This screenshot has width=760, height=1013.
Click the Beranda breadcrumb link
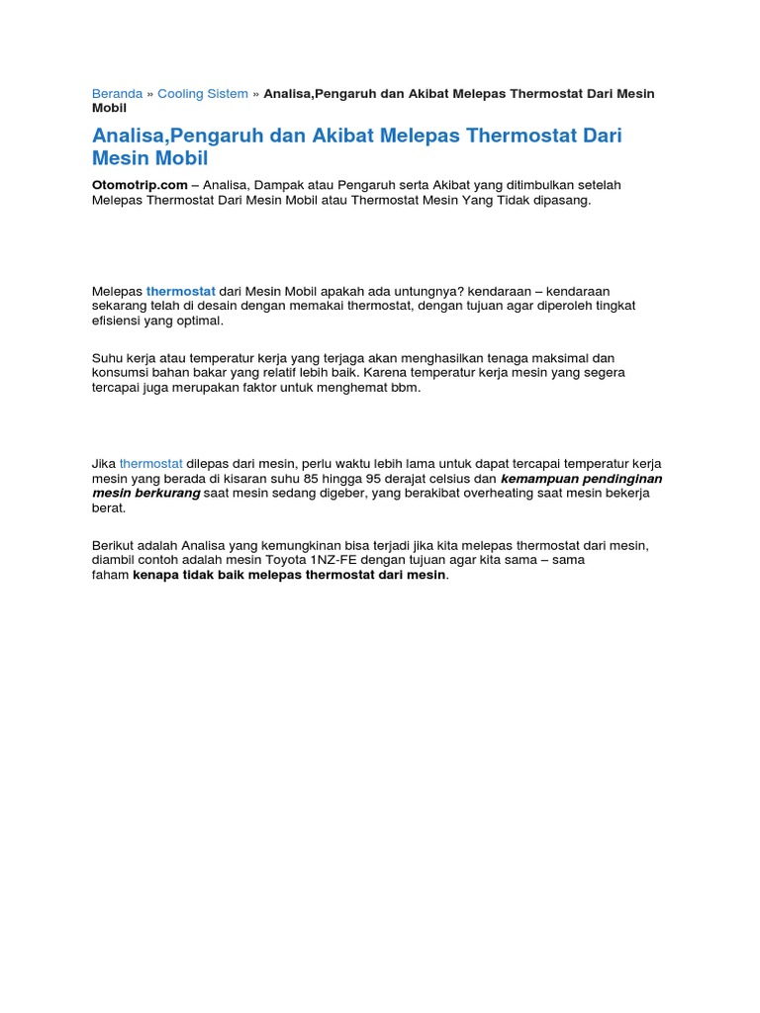click(117, 94)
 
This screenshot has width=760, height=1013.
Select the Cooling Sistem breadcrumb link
click(203, 94)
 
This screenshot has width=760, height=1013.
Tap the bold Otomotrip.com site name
click(140, 185)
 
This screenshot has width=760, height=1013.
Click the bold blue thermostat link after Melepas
click(181, 291)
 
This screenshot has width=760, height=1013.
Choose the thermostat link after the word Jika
click(151, 463)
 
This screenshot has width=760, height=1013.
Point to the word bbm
click(407, 387)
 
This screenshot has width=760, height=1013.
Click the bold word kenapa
click(156, 575)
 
